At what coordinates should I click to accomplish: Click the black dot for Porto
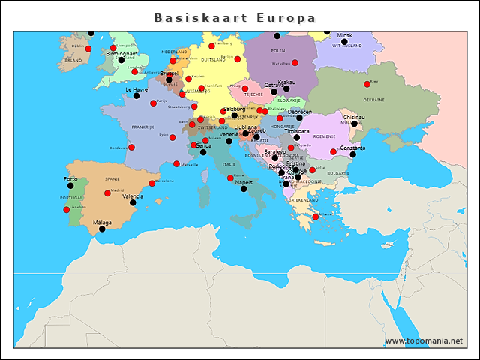click(70, 186)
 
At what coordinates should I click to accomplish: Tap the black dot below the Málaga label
click(102, 229)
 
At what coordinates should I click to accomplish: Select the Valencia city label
click(133, 196)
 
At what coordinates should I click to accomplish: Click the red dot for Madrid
click(107, 193)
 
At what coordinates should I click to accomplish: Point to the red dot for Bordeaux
click(130, 148)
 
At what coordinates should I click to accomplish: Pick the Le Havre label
click(136, 89)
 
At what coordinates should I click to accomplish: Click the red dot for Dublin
click(88, 49)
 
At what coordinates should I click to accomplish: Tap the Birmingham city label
click(121, 54)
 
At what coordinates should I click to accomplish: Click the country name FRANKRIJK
click(142, 127)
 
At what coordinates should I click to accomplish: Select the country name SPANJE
click(112, 179)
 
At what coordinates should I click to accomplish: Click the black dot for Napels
click(244, 189)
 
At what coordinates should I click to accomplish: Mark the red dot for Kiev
click(367, 84)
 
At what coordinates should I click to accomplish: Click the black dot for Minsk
click(344, 42)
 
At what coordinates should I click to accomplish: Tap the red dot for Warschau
click(295, 62)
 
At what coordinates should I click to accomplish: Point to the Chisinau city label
click(354, 117)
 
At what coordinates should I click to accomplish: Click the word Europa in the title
click(286, 17)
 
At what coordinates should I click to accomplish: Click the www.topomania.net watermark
click(424, 340)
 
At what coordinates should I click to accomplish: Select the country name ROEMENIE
click(324, 136)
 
